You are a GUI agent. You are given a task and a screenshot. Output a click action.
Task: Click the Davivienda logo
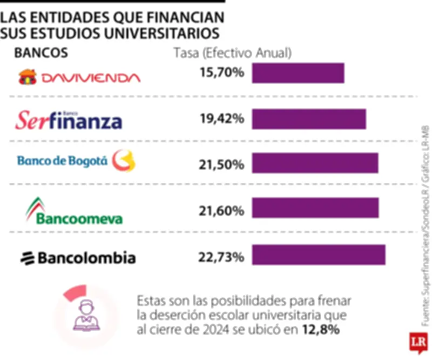pos(79,77)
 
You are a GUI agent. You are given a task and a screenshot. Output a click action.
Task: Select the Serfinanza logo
pos(68,120)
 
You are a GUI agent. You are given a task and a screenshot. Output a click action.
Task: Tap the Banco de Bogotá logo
pos(76,161)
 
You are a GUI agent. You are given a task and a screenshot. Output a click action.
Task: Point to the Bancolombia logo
pos(78,258)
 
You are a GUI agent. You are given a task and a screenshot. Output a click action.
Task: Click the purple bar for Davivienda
pos(298,73)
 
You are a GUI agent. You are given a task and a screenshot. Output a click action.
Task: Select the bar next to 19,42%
pos(309,119)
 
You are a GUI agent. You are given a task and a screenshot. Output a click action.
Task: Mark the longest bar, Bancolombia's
pos(319,255)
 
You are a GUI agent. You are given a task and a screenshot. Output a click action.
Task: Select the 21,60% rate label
pos(222,210)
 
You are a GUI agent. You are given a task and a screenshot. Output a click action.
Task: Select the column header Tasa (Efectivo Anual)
pos(232,53)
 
